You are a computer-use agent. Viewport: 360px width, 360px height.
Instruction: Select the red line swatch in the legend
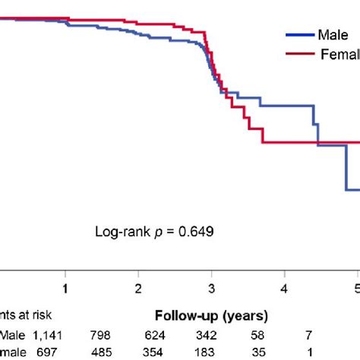(299, 53)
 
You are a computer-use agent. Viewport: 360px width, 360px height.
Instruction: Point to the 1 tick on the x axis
(66, 289)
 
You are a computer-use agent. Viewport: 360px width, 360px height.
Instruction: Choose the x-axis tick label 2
(138, 289)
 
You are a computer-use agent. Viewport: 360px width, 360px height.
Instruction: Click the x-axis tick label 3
(211, 289)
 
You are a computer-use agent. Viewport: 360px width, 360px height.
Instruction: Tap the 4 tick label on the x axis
(284, 289)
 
